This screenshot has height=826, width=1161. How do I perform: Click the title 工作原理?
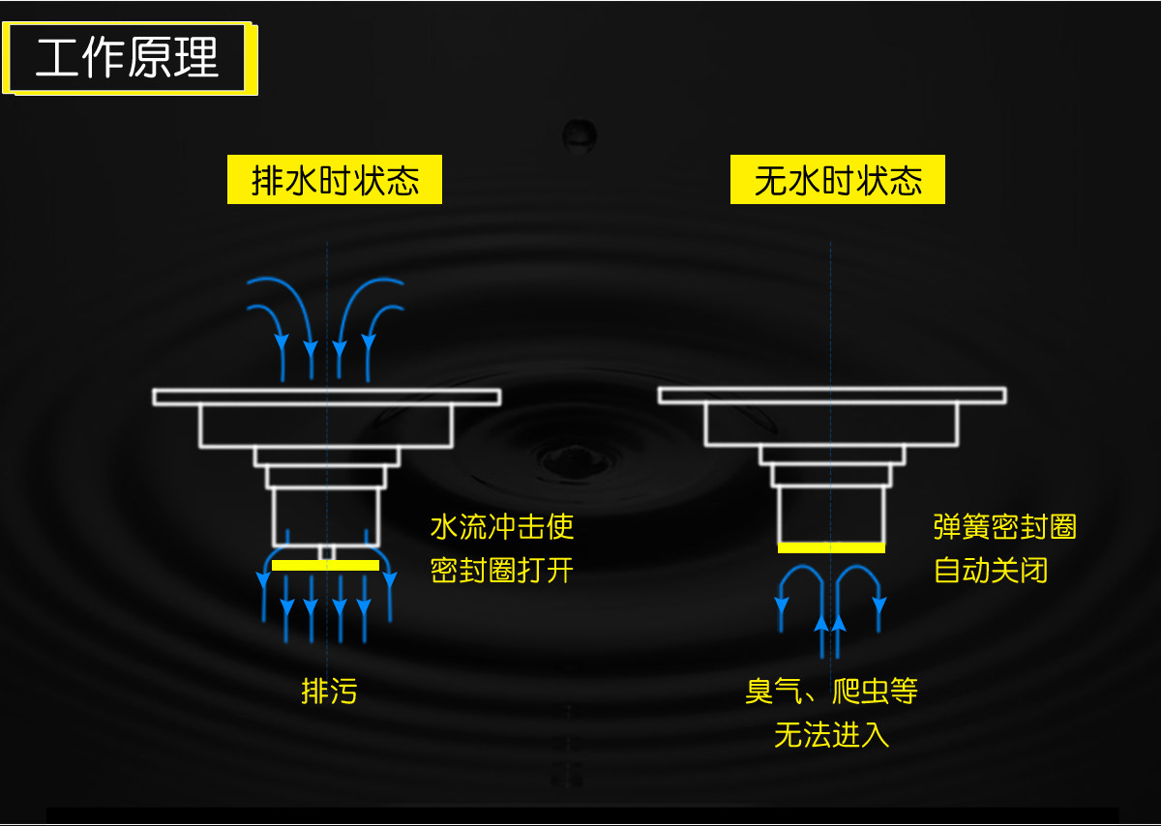pos(128,58)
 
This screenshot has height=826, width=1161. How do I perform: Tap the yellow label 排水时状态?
pos(335,181)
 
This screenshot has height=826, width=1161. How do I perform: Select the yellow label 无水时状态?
pos(838,181)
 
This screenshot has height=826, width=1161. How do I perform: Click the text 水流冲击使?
pos(502,527)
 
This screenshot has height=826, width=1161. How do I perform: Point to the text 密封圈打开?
pos(502,571)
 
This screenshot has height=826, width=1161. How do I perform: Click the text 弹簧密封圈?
pos(1005,527)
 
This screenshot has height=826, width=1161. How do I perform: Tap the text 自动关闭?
pos(991,571)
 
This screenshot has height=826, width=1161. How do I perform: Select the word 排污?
pos(329,692)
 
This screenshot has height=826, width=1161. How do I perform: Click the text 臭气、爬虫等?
pos(831,692)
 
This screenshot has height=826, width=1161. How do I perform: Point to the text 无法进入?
pos(831,735)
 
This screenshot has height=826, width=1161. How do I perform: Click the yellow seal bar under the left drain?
pos(325,565)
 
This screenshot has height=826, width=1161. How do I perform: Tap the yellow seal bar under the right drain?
pos(831,548)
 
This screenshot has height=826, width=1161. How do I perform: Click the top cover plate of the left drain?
pos(327,397)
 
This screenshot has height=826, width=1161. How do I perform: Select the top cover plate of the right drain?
pos(832,396)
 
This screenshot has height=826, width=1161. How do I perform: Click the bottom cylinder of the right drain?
pos(831,515)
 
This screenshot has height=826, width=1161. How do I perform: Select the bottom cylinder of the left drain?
pos(326,515)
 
